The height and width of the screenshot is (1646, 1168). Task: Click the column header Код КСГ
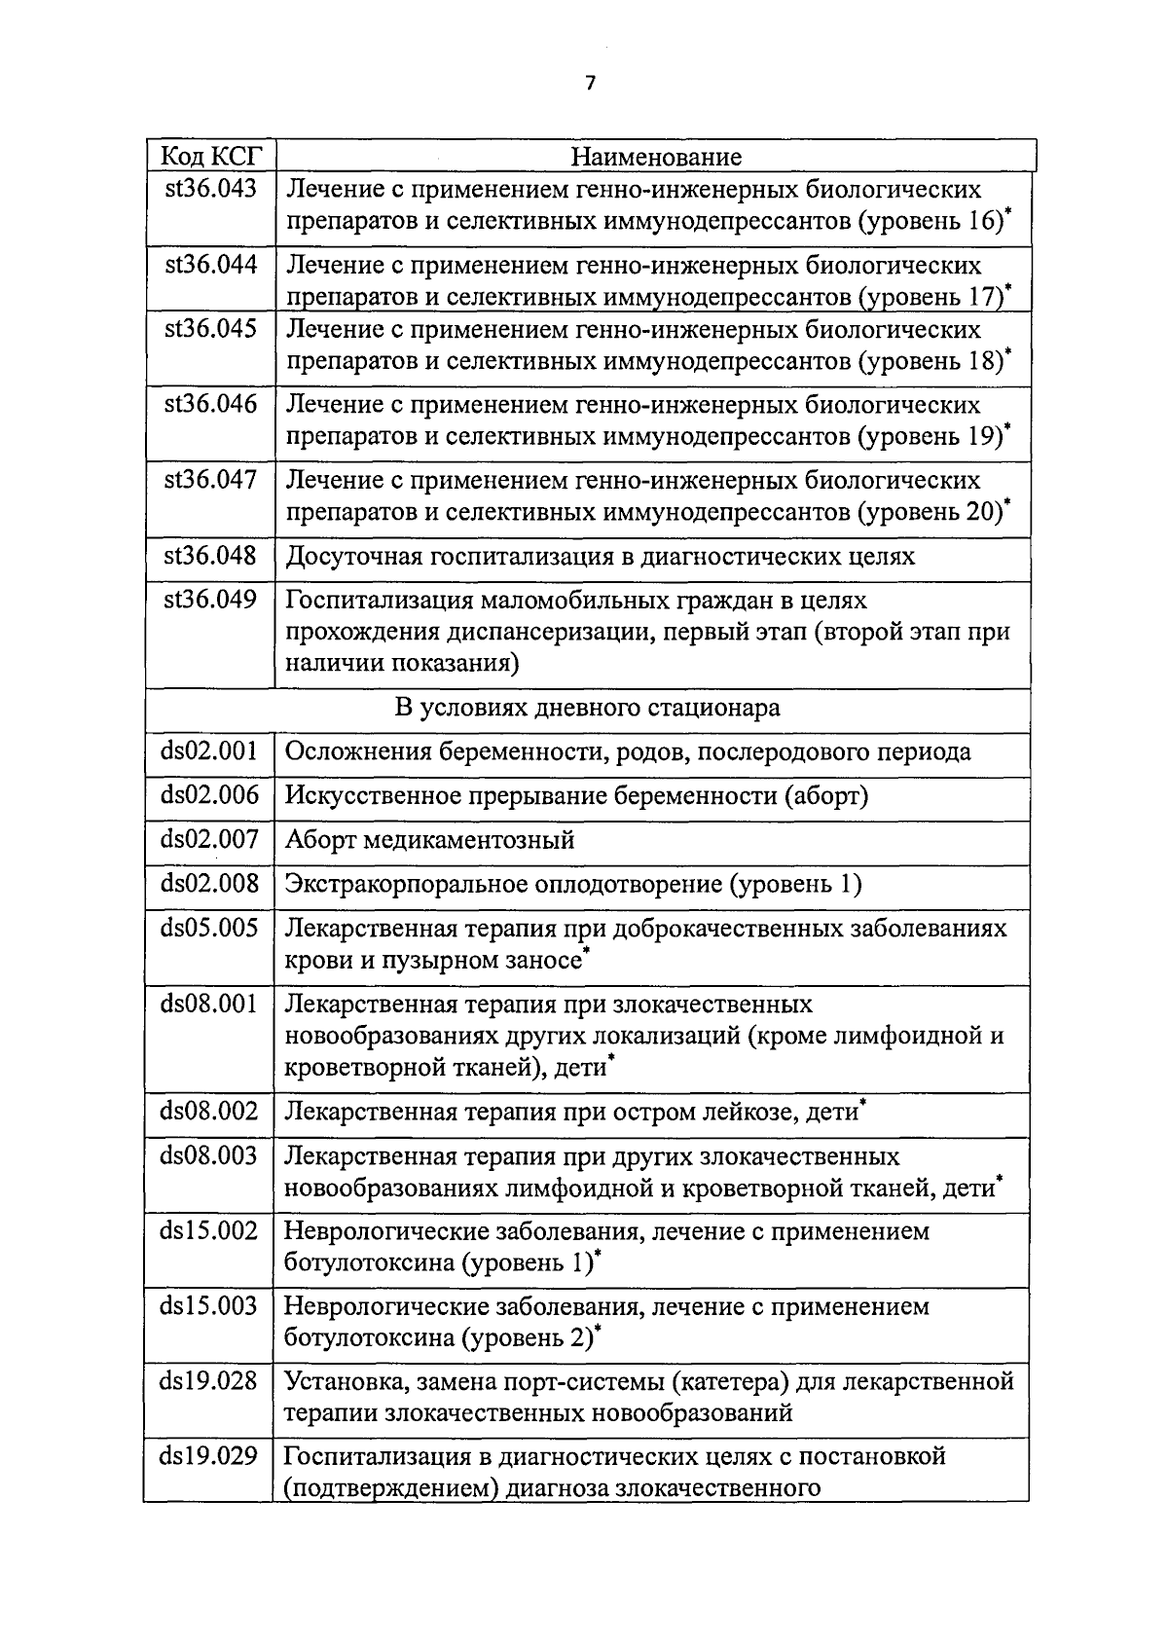click(x=209, y=156)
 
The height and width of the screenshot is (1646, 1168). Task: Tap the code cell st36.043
click(x=209, y=189)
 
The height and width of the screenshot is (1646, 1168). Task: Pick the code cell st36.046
click(x=209, y=405)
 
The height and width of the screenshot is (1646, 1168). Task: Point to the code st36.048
click(x=209, y=556)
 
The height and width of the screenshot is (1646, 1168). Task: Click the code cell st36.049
click(x=209, y=600)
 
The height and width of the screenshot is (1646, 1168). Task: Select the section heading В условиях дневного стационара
click(x=587, y=708)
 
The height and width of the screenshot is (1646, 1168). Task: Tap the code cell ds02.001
click(x=209, y=751)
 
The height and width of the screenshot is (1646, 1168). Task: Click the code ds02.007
click(x=209, y=839)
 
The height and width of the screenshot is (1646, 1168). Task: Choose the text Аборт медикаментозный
click(x=429, y=840)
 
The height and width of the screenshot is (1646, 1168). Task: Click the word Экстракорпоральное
click(x=407, y=884)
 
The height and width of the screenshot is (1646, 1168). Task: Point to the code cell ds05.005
click(x=209, y=928)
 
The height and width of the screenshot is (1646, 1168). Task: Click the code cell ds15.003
click(x=209, y=1306)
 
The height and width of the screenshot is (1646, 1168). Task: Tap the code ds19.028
click(x=209, y=1381)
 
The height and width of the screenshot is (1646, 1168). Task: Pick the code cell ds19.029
click(x=209, y=1457)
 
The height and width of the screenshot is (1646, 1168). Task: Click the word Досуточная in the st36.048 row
click(x=351, y=557)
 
